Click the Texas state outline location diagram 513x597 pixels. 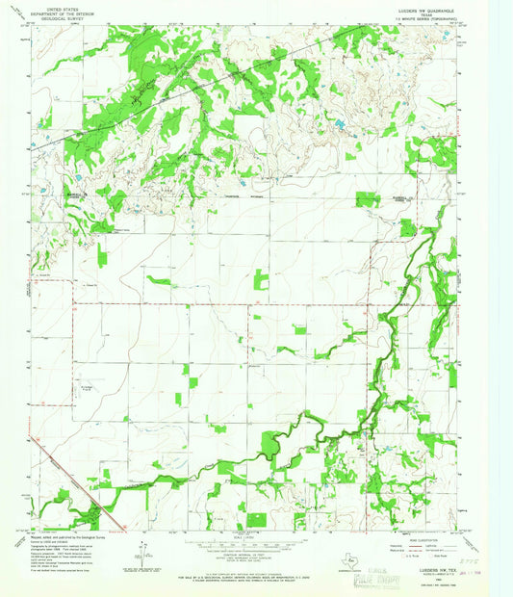tap(353, 560)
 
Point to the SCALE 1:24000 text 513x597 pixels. tap(256, 537)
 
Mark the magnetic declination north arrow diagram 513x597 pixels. tap(142, 552)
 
